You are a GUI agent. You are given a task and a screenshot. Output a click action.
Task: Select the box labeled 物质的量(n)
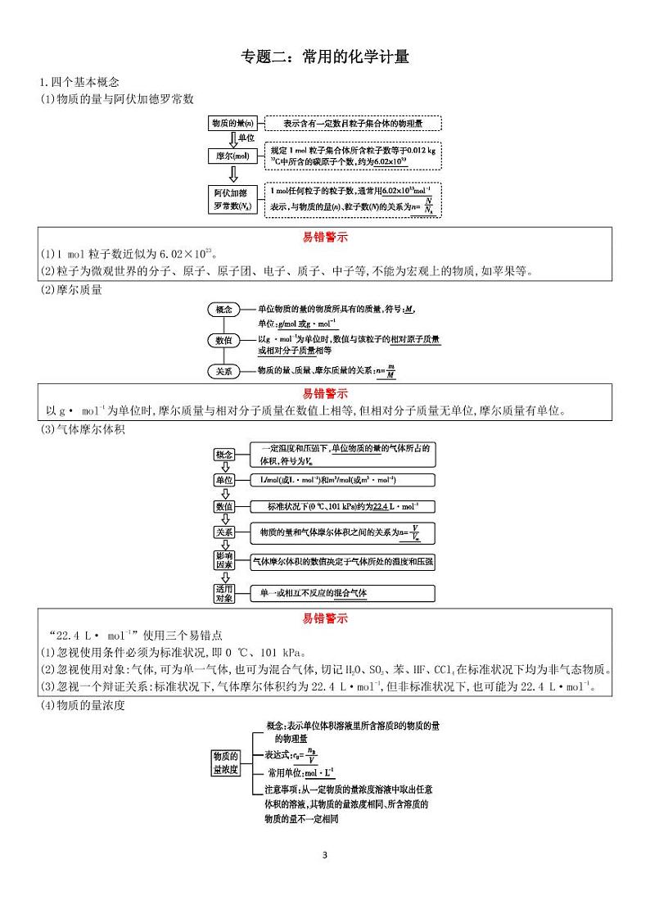[232, 123]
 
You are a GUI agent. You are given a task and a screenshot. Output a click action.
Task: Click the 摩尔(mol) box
[232, 156]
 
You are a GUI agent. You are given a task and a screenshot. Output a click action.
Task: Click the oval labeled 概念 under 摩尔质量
[223, 310]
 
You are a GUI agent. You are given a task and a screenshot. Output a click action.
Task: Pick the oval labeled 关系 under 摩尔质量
[223, 371]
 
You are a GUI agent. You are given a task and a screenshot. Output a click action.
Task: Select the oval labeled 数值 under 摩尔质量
[223, 340]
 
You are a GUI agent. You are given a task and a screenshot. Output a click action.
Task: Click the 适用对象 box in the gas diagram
[224, 593]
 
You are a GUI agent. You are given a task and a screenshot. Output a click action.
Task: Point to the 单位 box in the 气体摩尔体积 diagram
[224, 480]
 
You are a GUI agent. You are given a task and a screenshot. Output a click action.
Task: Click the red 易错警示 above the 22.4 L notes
[325, 618]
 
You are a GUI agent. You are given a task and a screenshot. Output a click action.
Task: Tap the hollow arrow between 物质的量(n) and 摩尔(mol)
[232, 139]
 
